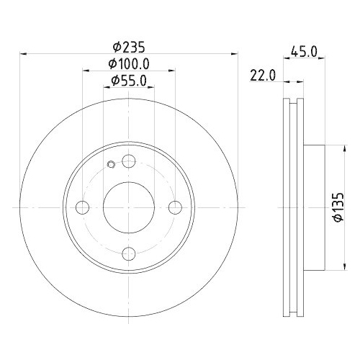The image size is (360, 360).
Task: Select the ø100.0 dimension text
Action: [130, 64]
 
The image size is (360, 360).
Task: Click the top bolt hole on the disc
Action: [130, 161]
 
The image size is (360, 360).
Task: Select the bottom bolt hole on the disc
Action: [130, 253]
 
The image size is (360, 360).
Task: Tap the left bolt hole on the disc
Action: [84, 207]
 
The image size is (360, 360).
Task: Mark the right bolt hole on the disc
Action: [176, 207]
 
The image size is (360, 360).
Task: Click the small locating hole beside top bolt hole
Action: [111, 166]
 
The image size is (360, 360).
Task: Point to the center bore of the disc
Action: [130, 207]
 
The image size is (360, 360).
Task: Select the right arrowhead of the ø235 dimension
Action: [235, 53]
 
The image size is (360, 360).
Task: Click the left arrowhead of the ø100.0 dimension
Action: [86, 71]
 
